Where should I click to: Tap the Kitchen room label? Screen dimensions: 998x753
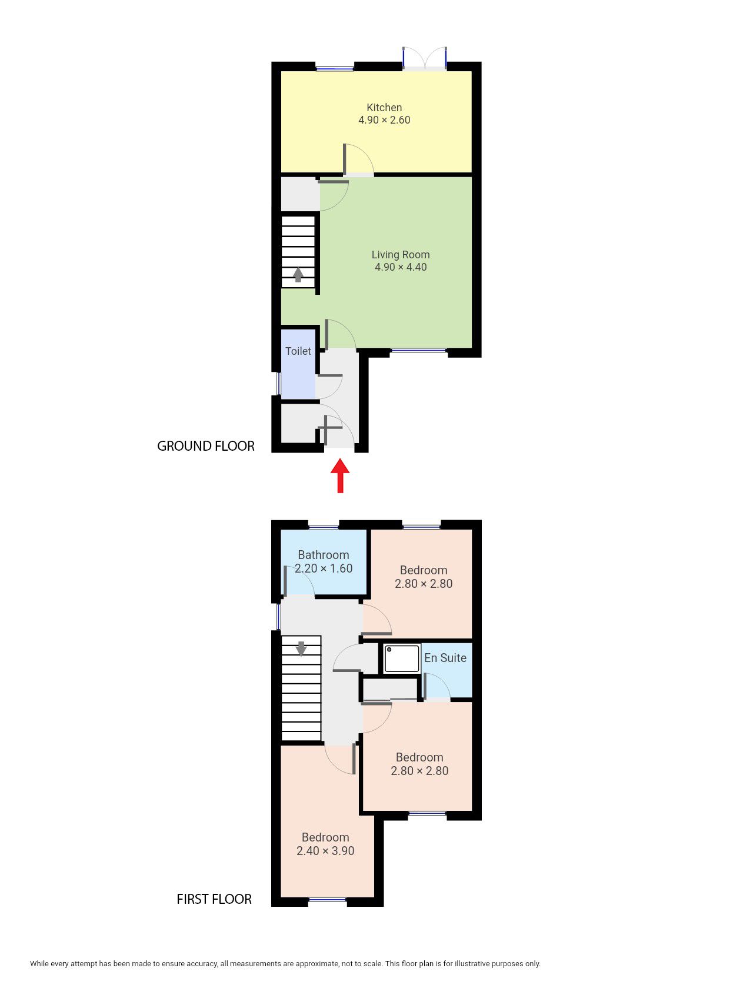pyautogui.click(x=384, y=108)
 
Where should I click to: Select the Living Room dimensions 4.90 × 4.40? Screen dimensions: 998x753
pyautogui.click(x=401, y=267)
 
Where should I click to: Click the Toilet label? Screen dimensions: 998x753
pyautogui.click(x=298, y=351)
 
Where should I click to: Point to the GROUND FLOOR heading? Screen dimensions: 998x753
pyautogui.click(x=205, y=446)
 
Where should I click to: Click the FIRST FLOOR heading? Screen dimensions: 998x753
pyautogui.click(x=214, y=899)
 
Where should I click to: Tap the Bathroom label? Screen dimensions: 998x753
pyautogui.click(x=324, y=555)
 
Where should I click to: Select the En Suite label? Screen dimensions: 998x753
pyautogui.click(x=445, y=658)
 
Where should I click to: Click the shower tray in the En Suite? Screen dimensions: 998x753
pyautogui.click(x=402, y=658)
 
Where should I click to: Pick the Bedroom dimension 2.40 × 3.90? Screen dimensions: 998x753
pyautogui.click(x=325, y=851)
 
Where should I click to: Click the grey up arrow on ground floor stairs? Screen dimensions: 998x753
pyautogui.click(x=298, y=274)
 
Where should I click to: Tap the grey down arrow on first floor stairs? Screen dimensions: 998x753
pyautogui.click(x=301, y=648)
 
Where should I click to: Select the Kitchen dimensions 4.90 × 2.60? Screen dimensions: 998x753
pyautogui.click(x=384, y=120)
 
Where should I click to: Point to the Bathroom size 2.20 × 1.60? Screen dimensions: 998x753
pyautogui.click(x=324, y=568)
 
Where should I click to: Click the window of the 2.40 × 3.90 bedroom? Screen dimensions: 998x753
pyautogui.click(x=328, y=899)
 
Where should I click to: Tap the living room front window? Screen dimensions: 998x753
pyautogui.click(x=419, y=351)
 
